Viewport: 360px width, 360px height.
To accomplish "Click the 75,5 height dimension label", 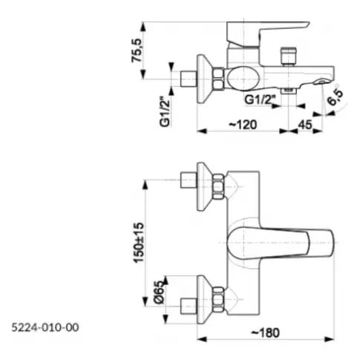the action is coord(137,50).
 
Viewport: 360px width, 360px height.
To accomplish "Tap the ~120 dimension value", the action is coord(243,125).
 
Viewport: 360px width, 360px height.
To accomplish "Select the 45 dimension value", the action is coord(305,125).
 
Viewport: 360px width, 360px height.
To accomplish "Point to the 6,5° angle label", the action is coord(336,97).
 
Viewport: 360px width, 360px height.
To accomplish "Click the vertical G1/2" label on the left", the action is coord(166,113).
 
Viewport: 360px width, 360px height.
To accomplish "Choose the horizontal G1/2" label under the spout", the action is coord(260,100).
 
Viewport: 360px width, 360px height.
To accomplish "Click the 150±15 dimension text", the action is coord(139,243).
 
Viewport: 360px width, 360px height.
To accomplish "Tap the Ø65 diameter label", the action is coord(160,292).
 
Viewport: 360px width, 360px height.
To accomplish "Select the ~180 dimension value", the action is coord(265,333).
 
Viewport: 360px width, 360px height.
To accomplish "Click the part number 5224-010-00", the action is coord(45,327).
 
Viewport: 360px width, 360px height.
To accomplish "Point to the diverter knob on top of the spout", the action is coord(288,56).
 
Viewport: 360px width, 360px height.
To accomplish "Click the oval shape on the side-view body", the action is coord(243,79).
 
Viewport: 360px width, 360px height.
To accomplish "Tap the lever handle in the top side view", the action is coord(268,34).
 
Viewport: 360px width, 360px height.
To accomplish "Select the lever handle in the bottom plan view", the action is coord(281,243).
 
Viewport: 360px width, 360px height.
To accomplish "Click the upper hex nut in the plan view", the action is coord(218,186).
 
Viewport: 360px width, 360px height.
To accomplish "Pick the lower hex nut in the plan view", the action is coord(218,299).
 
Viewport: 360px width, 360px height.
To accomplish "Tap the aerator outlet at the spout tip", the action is coord(321,81).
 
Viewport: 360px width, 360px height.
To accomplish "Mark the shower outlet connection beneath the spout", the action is coord(289,91).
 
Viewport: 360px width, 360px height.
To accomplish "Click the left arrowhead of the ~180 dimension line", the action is coord(202,339).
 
